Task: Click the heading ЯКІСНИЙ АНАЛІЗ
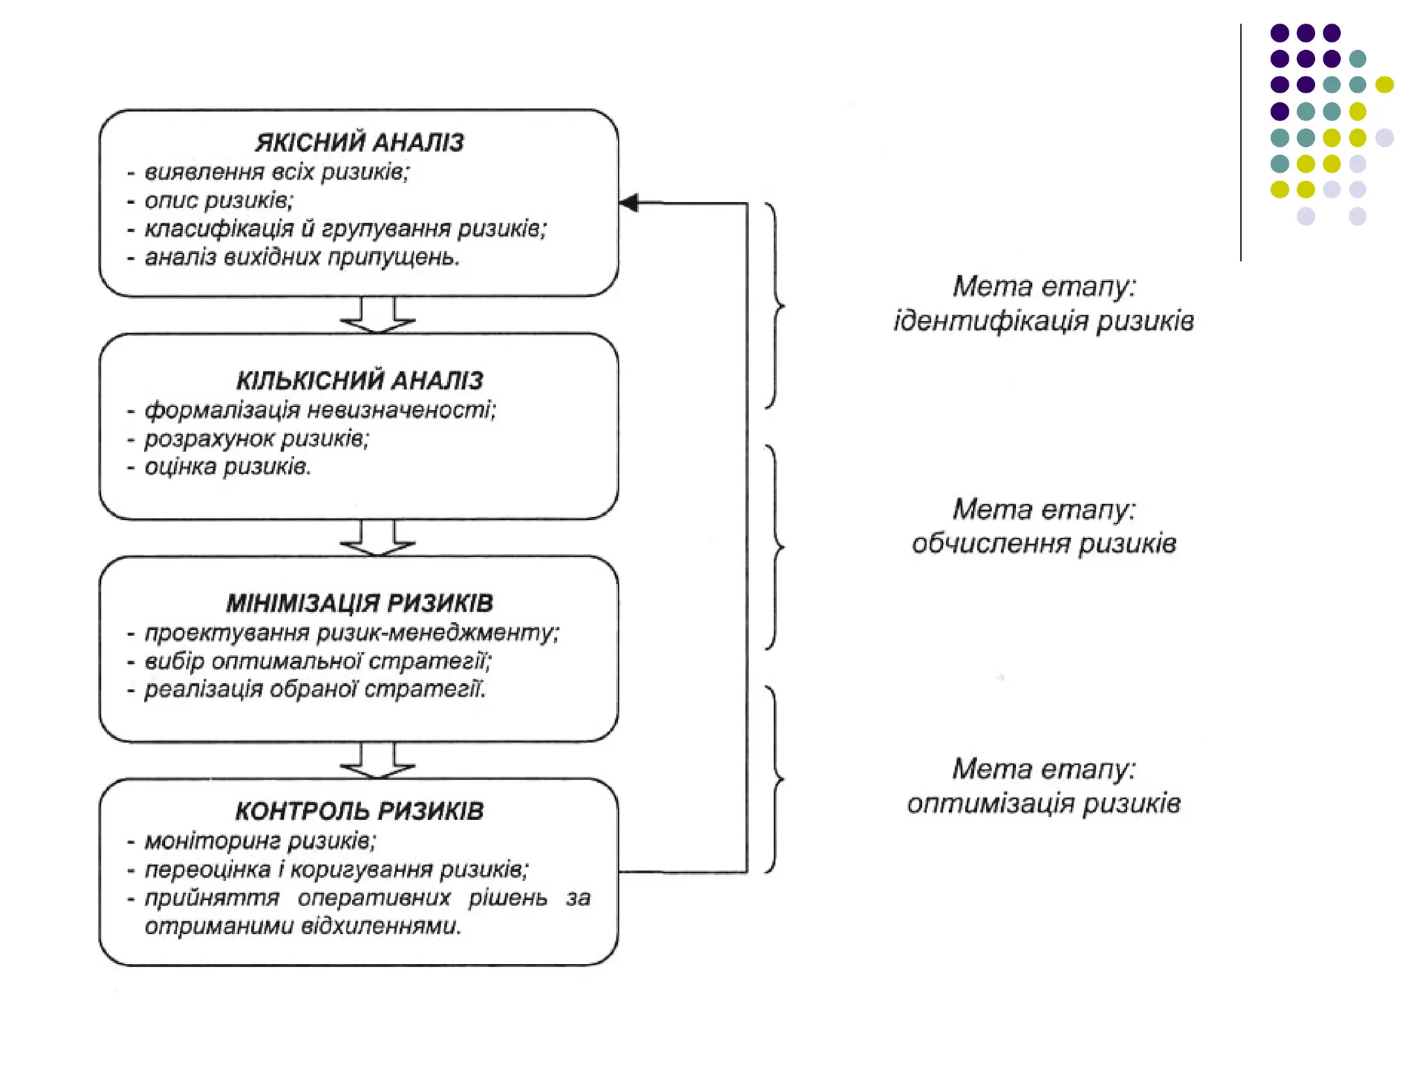(x=359, y=143)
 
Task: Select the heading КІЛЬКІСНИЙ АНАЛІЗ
(x=359, y=381)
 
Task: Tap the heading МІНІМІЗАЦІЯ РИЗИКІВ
(x=359, y=603)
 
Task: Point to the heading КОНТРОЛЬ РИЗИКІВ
(x=359, y=811)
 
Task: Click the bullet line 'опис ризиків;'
(x=218, y=200)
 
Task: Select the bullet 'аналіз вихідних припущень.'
(x=302, y=258)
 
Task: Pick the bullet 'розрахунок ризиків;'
(x=256, y=439)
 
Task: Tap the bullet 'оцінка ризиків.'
(x=228, y=467)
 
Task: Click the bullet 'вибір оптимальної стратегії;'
(x=317, y=661)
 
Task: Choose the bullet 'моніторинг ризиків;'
(x=260, y=841)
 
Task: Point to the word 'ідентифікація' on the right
(x=992, y=322)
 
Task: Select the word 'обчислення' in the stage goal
(x=992, y=544)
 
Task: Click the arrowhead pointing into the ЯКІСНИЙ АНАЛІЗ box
(x=629, y=203)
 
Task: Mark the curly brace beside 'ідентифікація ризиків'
(x=774, y=306)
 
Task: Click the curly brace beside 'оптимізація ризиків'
(x=774, y=779)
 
